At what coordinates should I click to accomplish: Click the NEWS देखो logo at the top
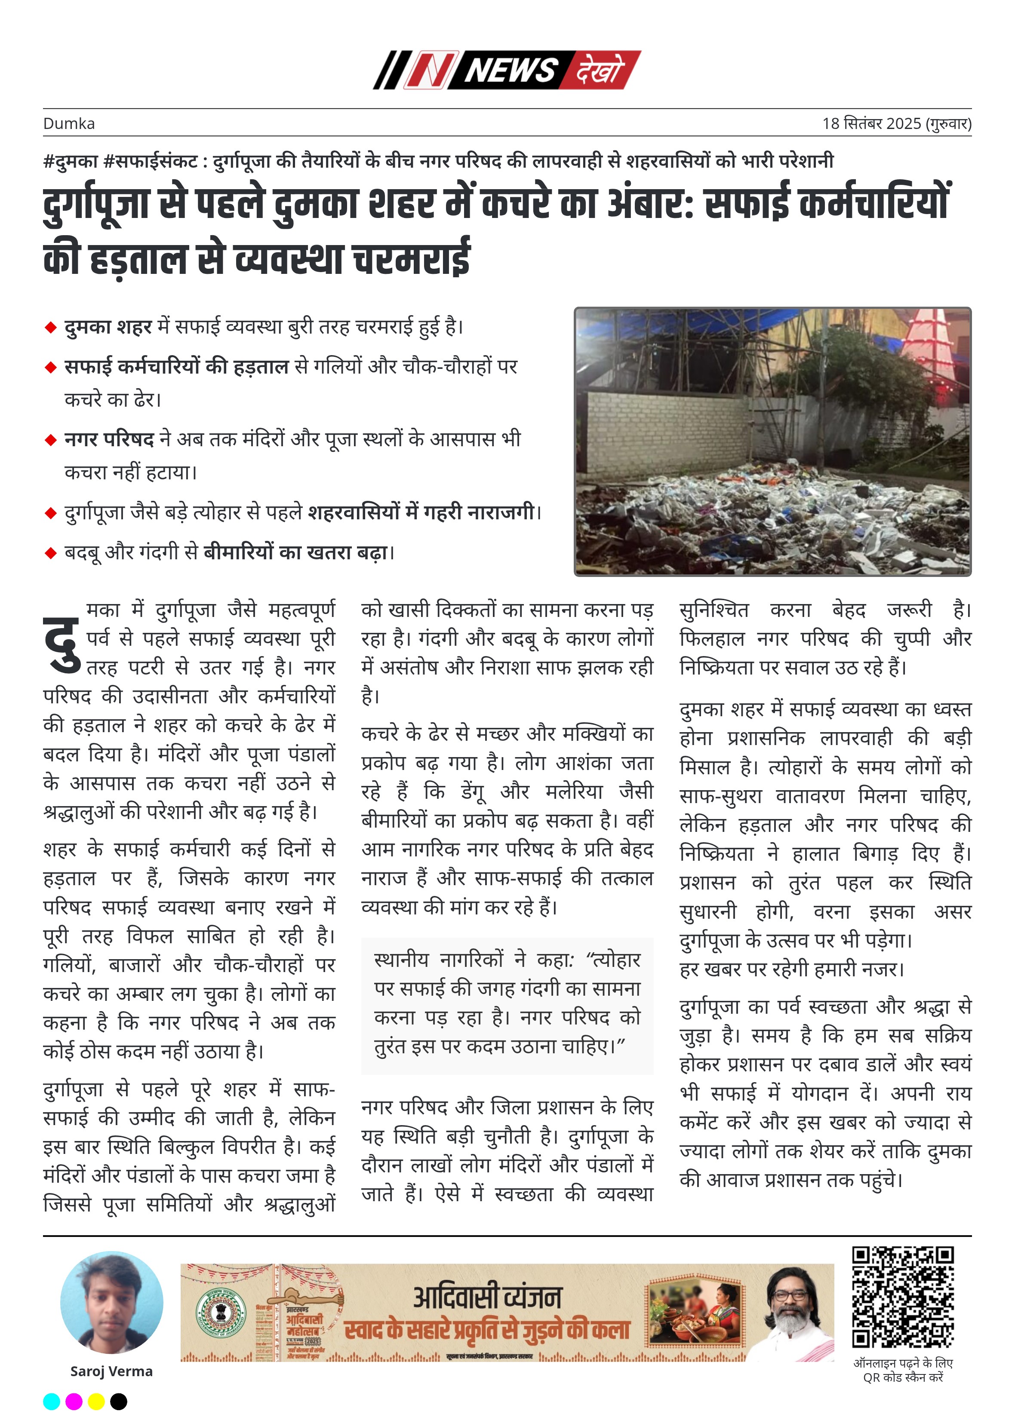tap(507, 70)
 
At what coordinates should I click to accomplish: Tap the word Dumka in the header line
tap(69, 124)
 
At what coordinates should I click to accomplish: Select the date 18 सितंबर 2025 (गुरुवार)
tap(896, 123)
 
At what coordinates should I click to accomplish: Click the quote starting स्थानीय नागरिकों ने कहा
tap(507, 1003)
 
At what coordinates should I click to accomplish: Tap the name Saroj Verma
tap(111, 1371)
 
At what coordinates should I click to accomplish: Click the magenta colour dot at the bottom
tap(74, 1401)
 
